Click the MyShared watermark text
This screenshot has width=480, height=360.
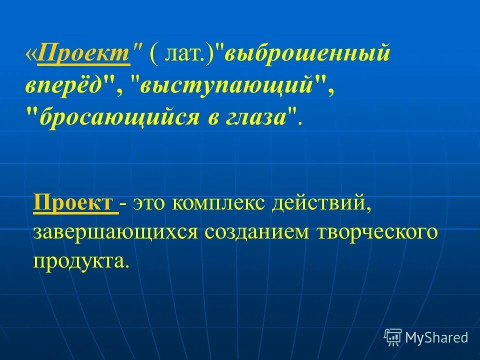[x=436, y=337]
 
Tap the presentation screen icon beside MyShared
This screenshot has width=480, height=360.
[x=393, y=337]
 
